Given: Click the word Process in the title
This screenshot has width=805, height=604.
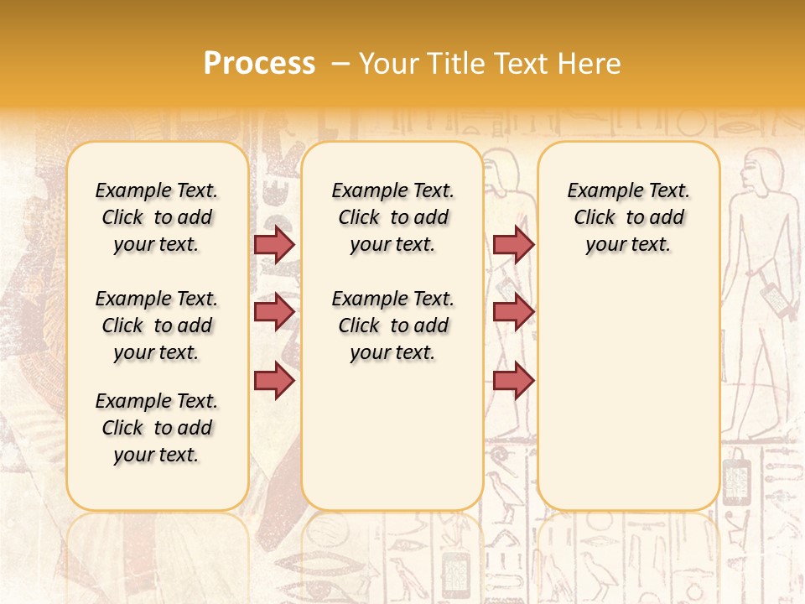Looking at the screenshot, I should pyautogui.click(x=259, y=64).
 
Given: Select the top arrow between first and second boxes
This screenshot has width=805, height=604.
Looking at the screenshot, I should pyautogui.click(x=274, y=244).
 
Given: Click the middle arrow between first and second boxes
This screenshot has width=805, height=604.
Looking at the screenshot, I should pyautogui.click(x=274, y=312).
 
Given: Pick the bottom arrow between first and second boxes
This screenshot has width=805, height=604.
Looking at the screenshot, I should pyautogui.click(x=274, y=380).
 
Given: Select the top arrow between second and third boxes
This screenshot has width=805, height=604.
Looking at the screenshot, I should pyautogui.click(x=513, y=244).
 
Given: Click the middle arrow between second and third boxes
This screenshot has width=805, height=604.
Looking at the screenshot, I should pyautogui.click(x=513, y=312).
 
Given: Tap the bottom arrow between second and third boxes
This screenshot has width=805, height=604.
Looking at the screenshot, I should pyautogui.click(x=513, y=380).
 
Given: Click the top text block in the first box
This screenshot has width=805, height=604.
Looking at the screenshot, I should pyautogui.click(x=157, y=217).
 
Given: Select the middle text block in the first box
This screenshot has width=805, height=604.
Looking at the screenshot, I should pyautogui.click(x=157, y=325).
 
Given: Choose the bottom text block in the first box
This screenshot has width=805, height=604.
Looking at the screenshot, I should pyautogui.click(x=157, y=428).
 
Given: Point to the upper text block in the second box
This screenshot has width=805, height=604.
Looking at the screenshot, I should pyautogui.click(x=392, y=217).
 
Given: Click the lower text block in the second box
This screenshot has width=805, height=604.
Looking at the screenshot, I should pyautogui.click(x=392, y=325).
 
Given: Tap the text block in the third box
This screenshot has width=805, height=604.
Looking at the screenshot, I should pyautogui.click(x=628, y=217).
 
